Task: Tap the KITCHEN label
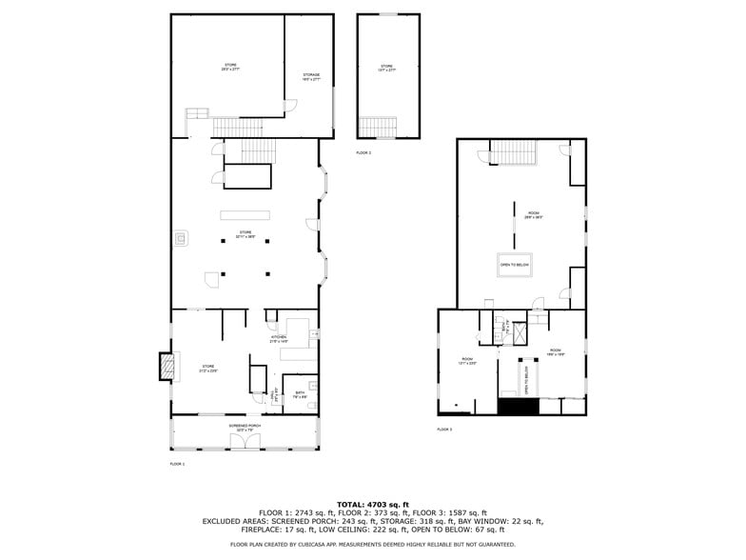(279, 338)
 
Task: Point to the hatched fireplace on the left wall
(167, 367)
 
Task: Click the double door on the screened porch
(245, 439)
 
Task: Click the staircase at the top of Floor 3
(515, 151)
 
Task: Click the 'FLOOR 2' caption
(363, 152)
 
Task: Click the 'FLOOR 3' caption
(444, 430)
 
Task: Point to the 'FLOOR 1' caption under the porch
(177, 464)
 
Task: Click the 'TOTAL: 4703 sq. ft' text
(373, 504)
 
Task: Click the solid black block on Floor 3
(519, 407)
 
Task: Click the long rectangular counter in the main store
(245, 214)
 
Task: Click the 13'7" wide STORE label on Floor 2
(386, 68)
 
